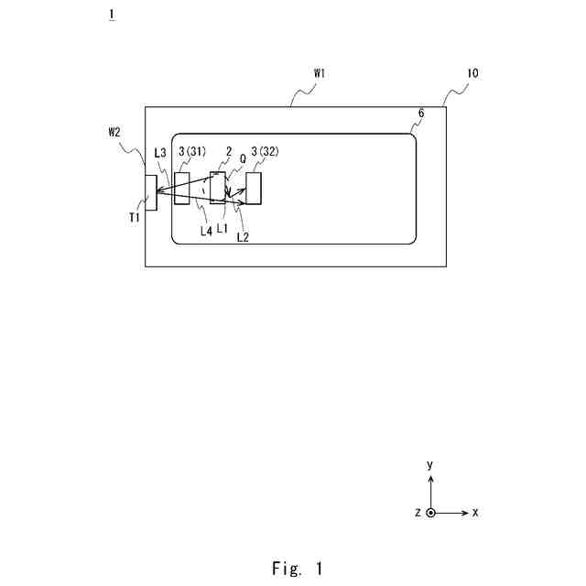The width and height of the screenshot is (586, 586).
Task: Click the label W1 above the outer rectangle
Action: click(x=320, y=72)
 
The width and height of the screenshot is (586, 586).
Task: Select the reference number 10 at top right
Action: click(x=472, y=72)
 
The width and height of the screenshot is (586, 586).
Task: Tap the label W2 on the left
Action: click(x=114, y=132)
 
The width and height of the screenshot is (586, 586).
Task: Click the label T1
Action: click(x=134, y=217)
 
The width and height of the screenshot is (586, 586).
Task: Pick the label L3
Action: click(x=160, y=153)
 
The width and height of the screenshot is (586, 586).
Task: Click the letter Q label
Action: click(x=243, y=157)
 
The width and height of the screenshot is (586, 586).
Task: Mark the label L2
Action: click(x=243, y=237)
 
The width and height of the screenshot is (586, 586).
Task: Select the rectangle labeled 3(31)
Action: click(x=182, y=188)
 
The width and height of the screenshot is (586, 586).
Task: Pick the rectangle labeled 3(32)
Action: click(x=254, y=188)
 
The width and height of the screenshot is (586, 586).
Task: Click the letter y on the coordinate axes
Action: click(x=430, y=465)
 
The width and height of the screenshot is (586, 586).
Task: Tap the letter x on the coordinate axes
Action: click(x=476, y=513)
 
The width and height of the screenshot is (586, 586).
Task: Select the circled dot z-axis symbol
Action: click(x=431, y=513)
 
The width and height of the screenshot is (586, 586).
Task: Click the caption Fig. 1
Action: click(x=297, y=569)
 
